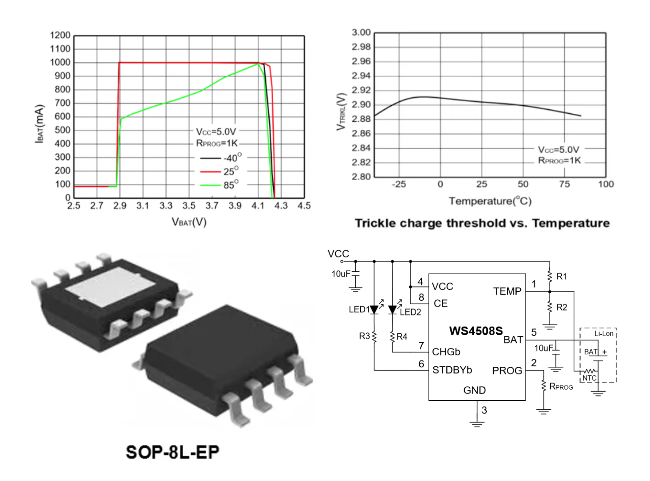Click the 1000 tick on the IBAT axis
pos(60,62)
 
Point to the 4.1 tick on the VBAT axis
pos(258,206)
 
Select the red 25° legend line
pos(210,171)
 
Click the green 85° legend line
pos(210,185)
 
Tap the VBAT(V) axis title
pos(189,222)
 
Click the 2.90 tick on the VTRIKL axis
pos(361,104)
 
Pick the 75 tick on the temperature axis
pos(564,184)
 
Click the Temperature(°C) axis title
pos(490,201)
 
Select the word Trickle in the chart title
pos(375,223)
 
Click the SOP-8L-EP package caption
pos(173,452)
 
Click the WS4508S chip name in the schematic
pos(476,331)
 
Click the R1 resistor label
pos(562,277)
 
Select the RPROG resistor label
pos(561,386)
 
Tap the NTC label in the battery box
pos(589,378)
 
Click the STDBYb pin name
pos(452,370)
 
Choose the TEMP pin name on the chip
pos(507,291)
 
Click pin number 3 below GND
pos(484,410)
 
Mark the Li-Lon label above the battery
pos(604,333)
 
